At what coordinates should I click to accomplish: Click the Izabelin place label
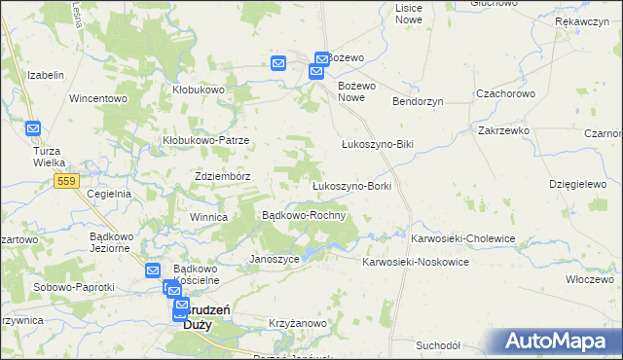[46, 75]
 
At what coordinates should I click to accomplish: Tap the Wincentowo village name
[98, 98]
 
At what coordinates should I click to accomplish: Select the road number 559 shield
[66, 181]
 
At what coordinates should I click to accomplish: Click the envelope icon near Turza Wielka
[33, 127]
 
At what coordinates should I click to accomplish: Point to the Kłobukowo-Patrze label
[206, 140]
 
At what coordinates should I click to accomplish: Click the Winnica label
[208, 217]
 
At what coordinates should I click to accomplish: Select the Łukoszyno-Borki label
[350, 186]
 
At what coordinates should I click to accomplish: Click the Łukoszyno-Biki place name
[378, 144]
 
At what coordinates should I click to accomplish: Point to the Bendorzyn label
[418, 101]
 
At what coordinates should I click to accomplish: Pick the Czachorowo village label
[505, 93]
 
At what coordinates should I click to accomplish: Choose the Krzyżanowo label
[297, 320]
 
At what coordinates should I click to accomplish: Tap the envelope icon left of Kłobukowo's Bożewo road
[277, 64]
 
